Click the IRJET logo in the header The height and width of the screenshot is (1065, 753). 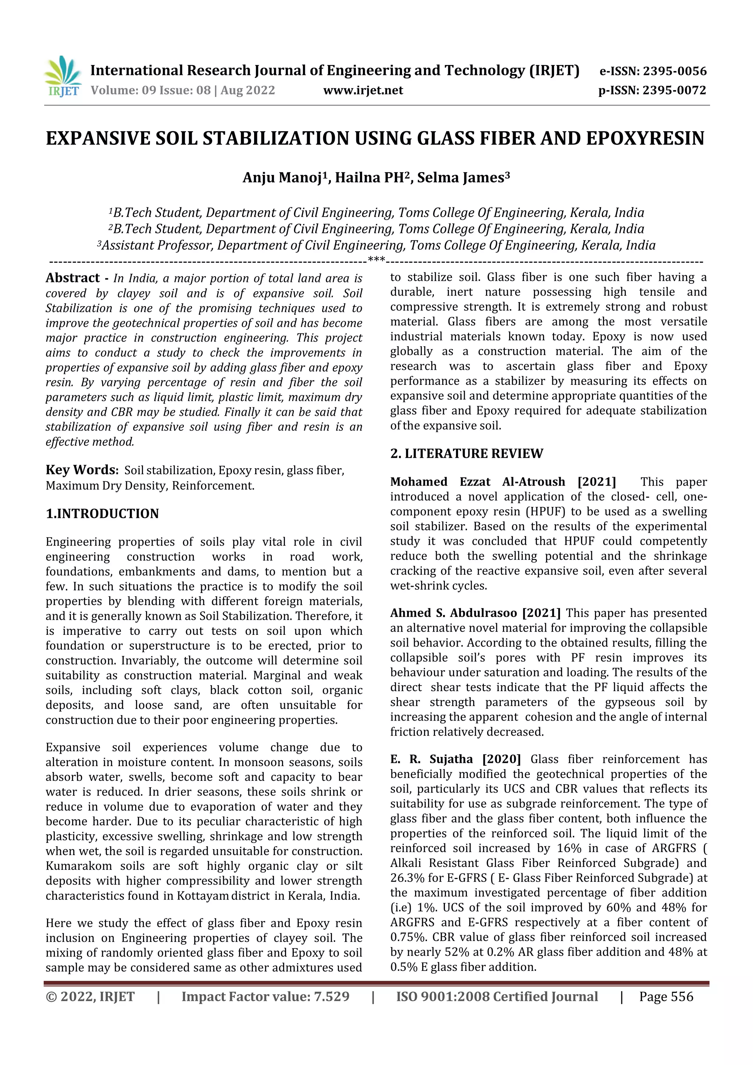(63, 76)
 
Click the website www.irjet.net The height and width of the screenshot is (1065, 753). (363, 90)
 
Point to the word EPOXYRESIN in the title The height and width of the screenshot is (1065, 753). (645, 139)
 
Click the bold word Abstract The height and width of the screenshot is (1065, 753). (73, 278)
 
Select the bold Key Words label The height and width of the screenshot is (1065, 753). (82, 470)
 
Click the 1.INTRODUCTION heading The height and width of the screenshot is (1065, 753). (102, 514)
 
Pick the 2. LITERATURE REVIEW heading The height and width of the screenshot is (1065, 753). (466, 453)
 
